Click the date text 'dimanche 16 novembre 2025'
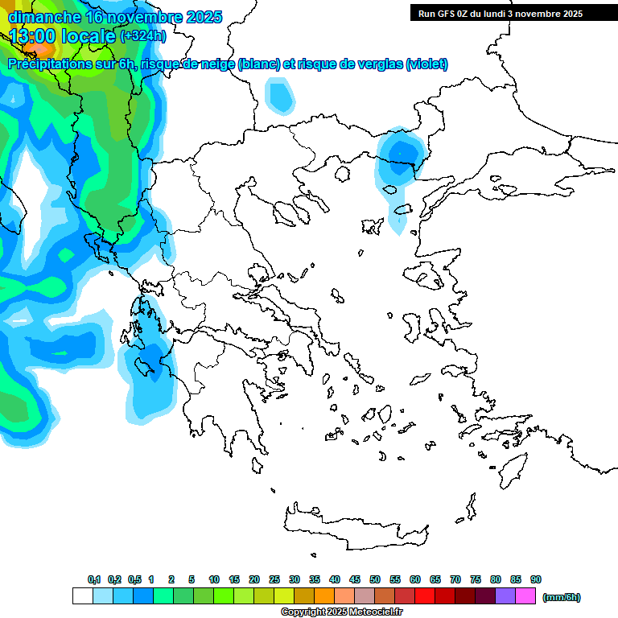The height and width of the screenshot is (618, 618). point(115,17)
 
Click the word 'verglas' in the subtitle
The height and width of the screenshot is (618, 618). point(377,64)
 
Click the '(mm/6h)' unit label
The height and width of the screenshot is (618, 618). point(561,597)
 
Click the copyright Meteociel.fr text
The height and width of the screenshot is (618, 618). point(341,612)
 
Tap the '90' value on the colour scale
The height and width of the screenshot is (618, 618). point(536,579)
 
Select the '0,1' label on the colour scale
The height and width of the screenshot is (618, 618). point(94,579)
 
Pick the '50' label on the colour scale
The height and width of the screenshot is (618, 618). point(375,579)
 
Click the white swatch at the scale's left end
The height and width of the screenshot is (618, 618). point(82,596)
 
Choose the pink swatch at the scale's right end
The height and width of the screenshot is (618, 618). point(525,596)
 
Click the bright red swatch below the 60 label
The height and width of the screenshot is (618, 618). point(425,596)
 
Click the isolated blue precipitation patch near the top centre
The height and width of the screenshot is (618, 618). point(280,95)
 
